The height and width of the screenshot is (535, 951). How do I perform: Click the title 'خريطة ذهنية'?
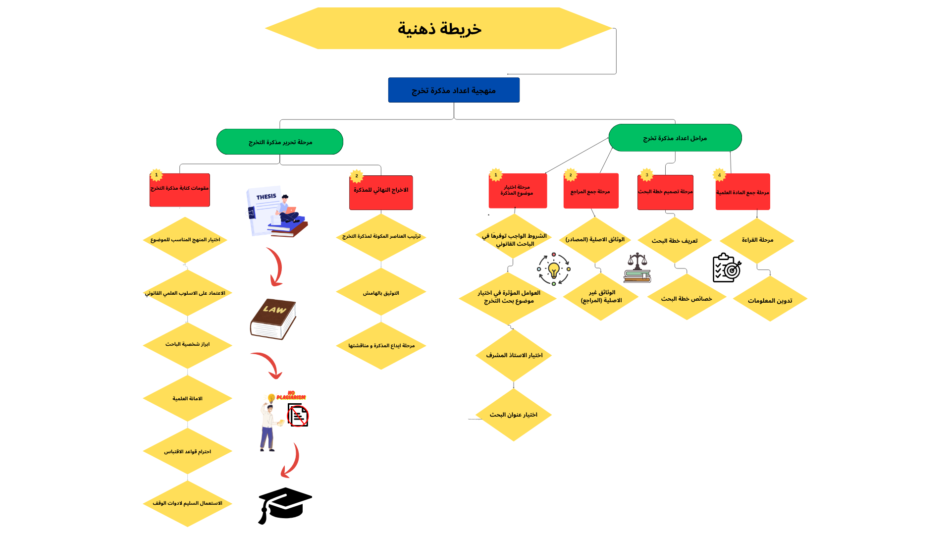[x=439, y=28]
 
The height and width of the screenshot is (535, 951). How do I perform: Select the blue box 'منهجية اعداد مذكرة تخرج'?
[x=454, y=90]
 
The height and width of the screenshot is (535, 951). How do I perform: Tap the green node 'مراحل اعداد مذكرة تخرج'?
[x=675, y=138]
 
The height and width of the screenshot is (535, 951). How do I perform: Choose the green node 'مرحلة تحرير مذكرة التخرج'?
[x=280, y=142]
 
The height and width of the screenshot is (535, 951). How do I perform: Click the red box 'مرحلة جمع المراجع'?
[x=590, y=191]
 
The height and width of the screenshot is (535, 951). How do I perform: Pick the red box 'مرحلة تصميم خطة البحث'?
[x=665, y=192]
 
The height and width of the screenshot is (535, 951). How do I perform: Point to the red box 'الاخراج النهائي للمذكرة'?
[x=381, y=193]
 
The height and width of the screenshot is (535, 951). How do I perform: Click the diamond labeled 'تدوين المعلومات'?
[x=770, y=300]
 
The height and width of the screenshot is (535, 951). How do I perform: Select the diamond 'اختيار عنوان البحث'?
[x=514, y=415]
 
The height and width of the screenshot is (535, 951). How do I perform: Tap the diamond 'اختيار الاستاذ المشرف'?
[x=514, y=355]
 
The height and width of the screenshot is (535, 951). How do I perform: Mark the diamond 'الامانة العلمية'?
[x=187, y=398]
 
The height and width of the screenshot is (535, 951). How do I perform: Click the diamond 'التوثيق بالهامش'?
[x=381, y=293]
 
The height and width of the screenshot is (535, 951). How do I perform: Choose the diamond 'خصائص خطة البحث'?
[x=687, y=298]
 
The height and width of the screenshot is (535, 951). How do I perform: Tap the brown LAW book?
[x=273, y=319]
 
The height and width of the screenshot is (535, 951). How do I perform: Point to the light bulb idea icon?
[x=554, y=269]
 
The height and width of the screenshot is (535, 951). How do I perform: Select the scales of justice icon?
[x=637, y=268]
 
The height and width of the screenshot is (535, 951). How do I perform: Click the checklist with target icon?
[x=727, y=268]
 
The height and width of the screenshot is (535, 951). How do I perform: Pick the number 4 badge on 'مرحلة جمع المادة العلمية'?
[x=720, y=175]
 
